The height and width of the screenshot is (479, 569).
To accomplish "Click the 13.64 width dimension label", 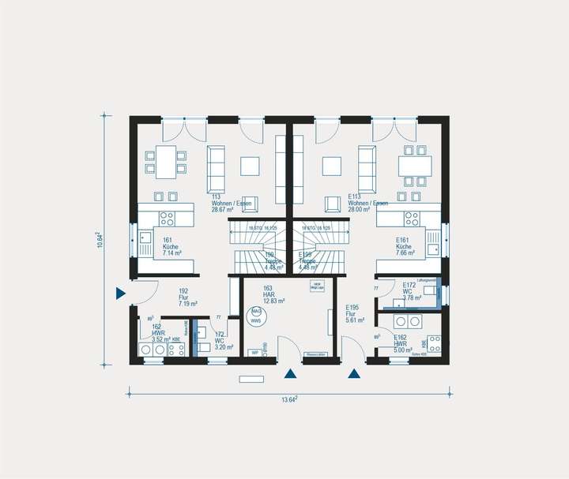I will pyautogui.click(x=289, y=400).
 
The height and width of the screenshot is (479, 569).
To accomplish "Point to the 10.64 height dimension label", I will pyautogui.click(x=100, y=240).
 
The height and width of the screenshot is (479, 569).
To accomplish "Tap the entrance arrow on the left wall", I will pyautogui.click(x=120, y=294).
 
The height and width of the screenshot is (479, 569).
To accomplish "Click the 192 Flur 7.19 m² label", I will pyautogui.click(x=187, y=297).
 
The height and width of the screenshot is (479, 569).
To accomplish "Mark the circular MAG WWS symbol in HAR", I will pyautogui.click(x=255, y=317).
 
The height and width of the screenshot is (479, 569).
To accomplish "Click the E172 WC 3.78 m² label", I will pyautogui.click(x=413, y=292).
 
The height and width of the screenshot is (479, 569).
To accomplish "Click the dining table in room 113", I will pyautogui.click(x=165, y=162).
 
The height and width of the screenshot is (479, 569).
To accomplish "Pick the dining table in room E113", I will pyautogui.click(x=415, y=166).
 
